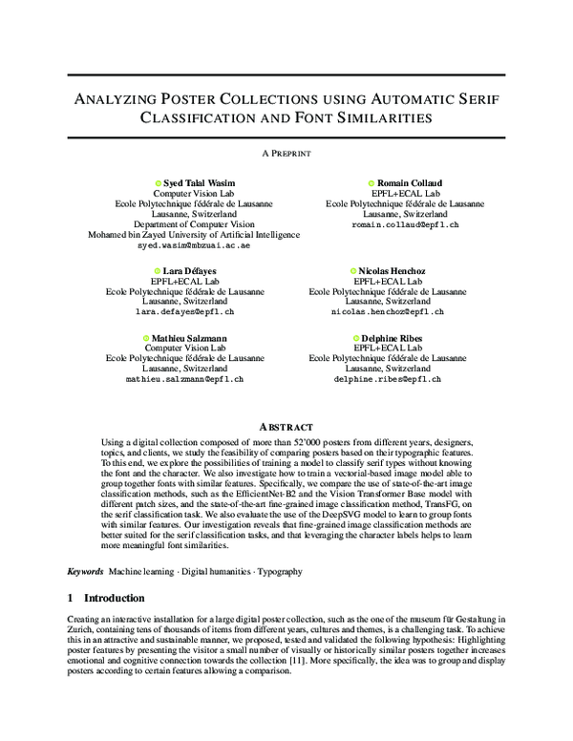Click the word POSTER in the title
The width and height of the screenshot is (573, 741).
coord(195,98)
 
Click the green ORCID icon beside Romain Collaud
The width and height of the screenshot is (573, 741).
coord(371,181)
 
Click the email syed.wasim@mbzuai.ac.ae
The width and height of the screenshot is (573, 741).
coord(193,245)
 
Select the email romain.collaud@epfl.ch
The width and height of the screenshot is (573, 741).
coord(405,224)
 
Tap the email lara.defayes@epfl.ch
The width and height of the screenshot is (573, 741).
coord(185,312)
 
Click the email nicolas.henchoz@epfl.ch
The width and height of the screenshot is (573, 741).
coord(387,312)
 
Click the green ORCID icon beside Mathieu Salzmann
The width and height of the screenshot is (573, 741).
coord(146,338)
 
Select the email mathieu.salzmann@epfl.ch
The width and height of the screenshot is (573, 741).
coord(185,379)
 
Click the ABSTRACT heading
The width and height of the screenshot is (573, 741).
coord(286,426)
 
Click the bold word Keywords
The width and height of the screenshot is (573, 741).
coord(85,571)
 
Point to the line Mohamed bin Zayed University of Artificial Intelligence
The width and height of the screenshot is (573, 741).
coord(193,235)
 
